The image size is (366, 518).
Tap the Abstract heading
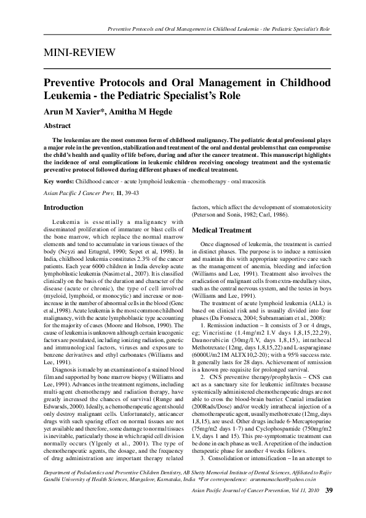click(x=56, y=124)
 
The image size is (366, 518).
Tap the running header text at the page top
click(x=219, y=29)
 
